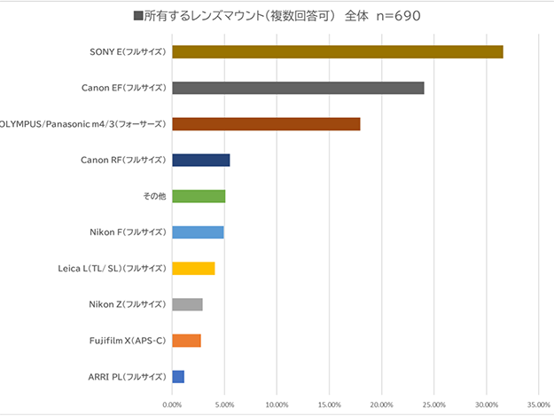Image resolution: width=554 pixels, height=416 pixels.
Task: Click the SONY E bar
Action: pos(337,51)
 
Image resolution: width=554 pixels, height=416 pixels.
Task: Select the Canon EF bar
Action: pos(298,88)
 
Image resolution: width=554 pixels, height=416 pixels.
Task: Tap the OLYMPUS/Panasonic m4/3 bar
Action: pos(266,124)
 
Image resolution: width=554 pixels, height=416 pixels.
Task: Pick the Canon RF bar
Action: pos(200,160)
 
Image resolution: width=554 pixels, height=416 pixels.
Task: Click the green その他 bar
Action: pos(199,196)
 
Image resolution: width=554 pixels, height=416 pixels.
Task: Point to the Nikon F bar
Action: pos(198,232)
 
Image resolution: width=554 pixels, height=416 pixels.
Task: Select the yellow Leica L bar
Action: pos(193,268)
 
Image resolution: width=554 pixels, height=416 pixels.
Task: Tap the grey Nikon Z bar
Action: pos(187,304)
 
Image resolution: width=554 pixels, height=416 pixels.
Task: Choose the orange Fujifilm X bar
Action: pos(186,341)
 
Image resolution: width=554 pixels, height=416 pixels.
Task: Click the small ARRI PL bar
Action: pos(178,377)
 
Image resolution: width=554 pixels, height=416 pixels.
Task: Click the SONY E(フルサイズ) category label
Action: pos(128,51)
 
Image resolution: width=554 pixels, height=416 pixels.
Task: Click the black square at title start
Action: pos(137,16)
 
